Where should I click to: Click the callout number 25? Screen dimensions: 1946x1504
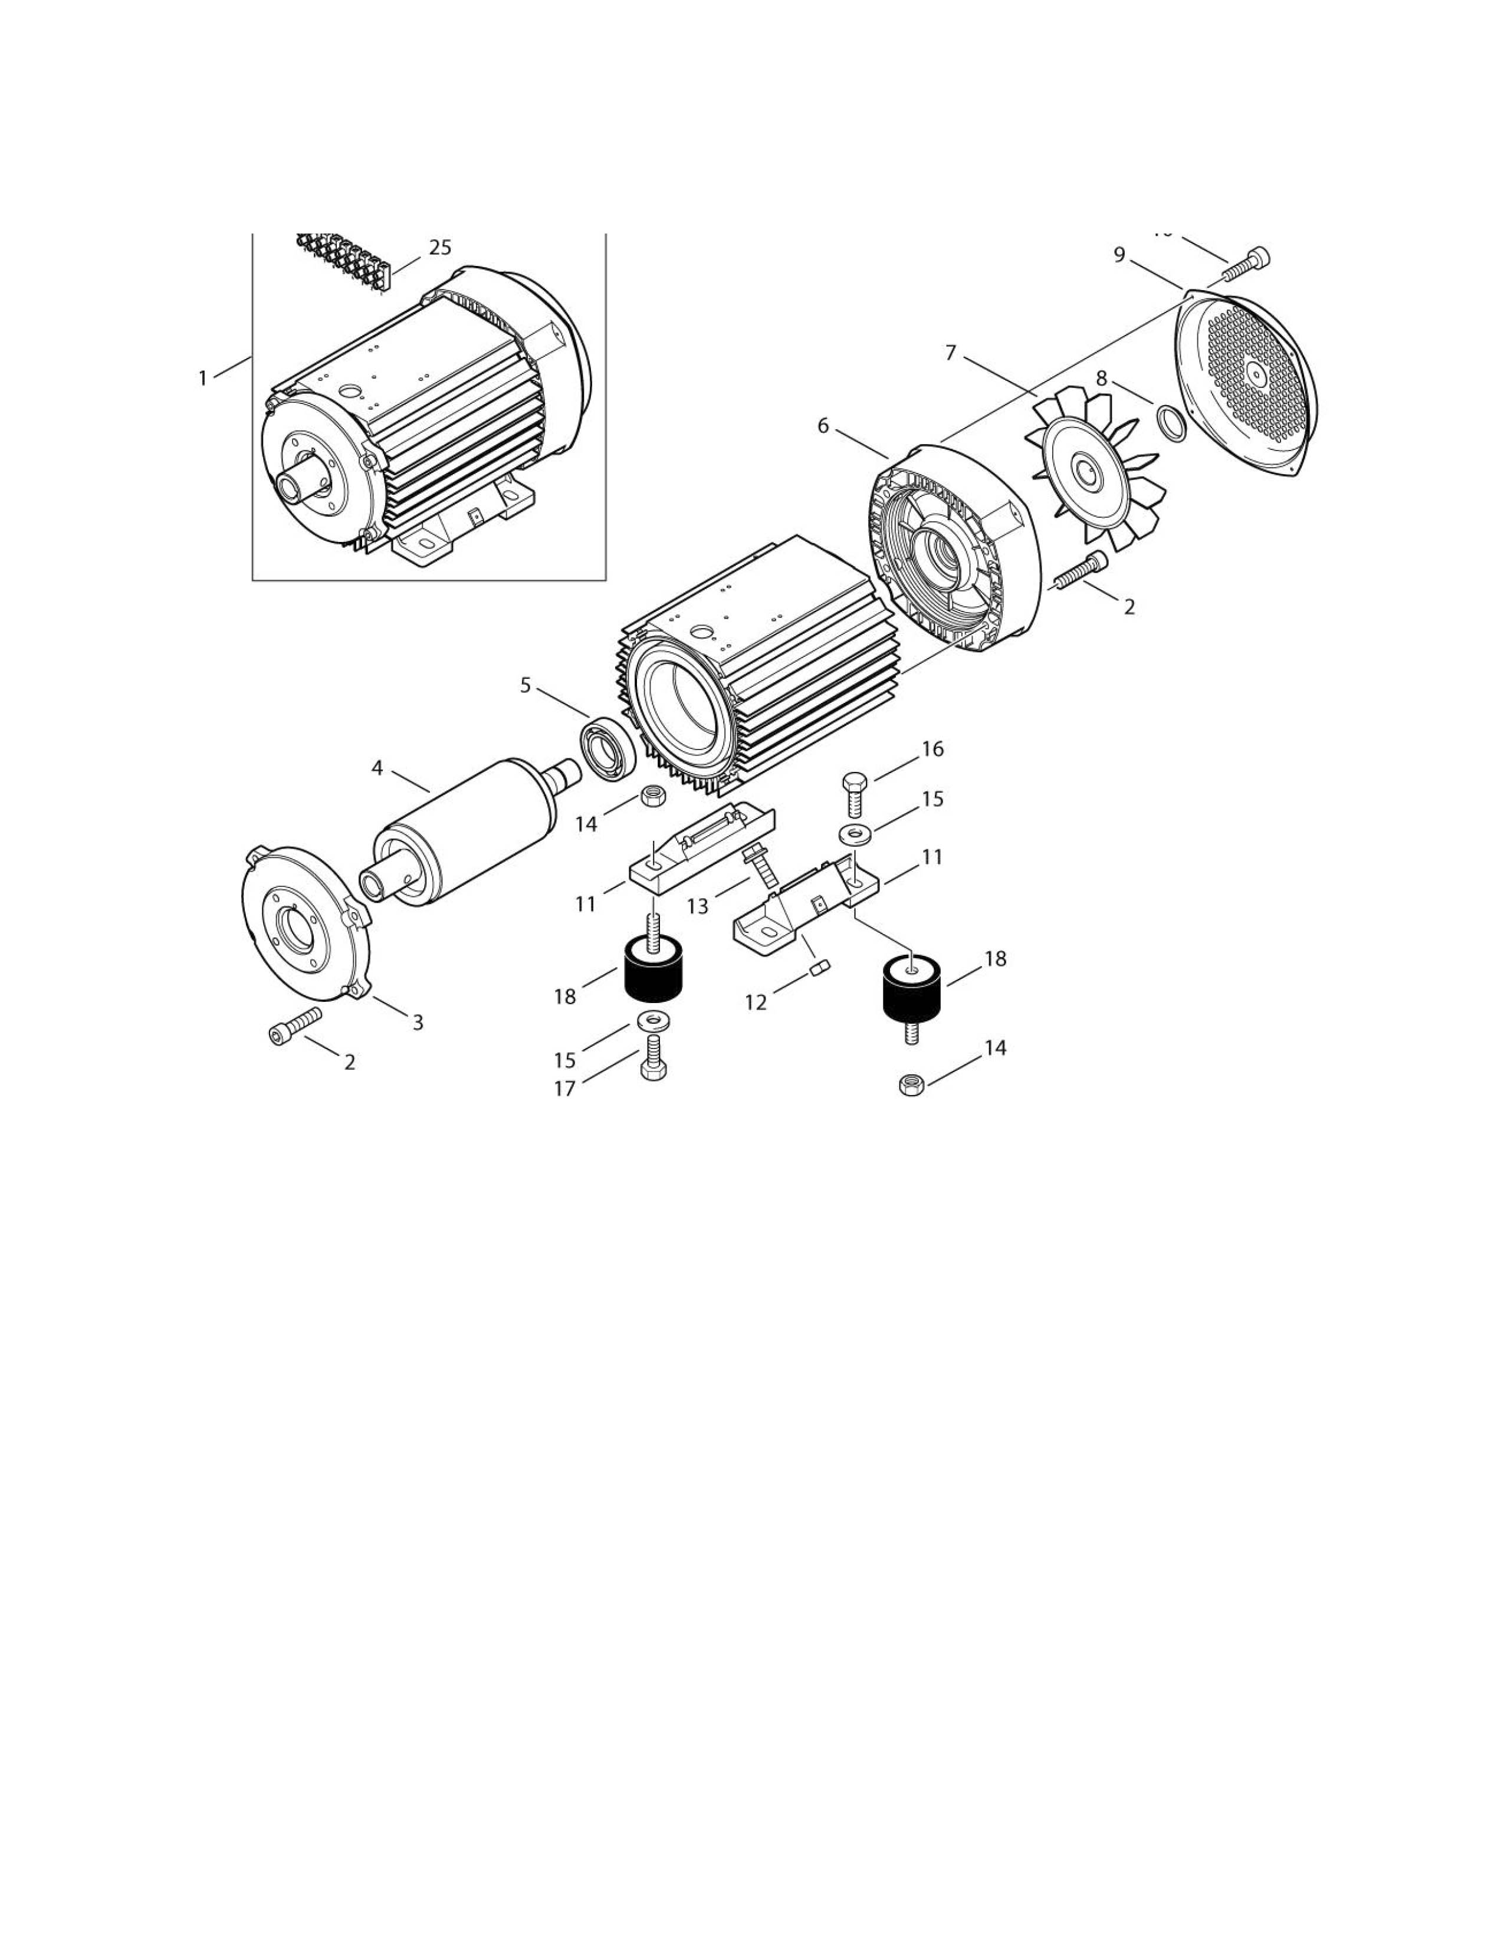pos(440,248)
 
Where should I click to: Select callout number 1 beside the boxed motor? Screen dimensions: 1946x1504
pos(202,379)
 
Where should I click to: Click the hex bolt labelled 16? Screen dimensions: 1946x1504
pos(853,792)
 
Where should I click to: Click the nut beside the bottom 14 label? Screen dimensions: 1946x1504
pos(911,1085)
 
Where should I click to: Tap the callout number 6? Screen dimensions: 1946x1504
pos(823,426)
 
